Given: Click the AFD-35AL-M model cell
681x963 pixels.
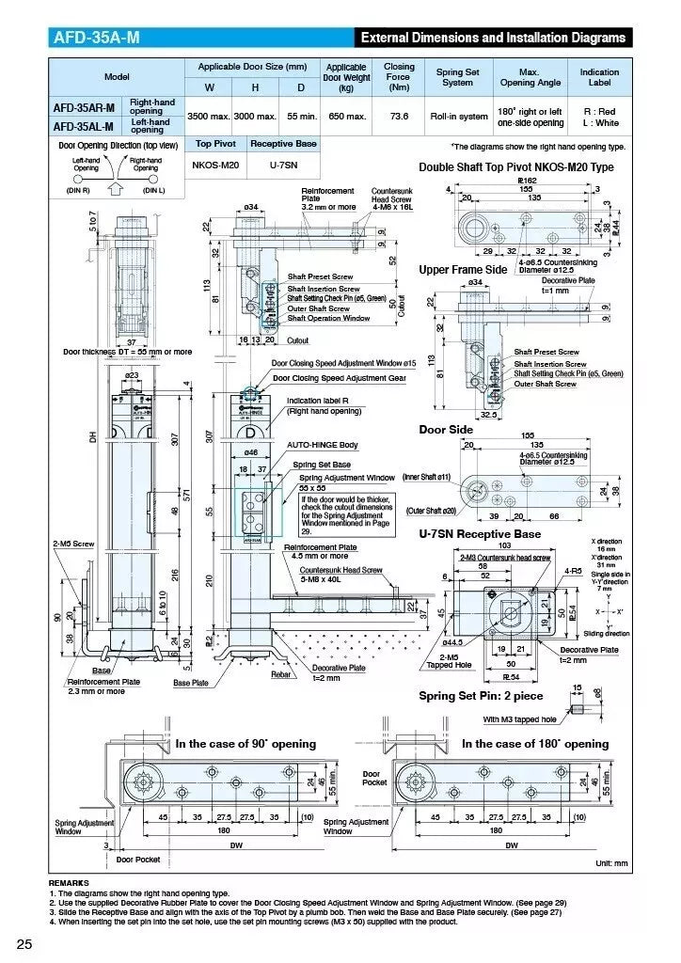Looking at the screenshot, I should tap(84, 126).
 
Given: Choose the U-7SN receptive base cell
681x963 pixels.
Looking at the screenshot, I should tap(282, 165).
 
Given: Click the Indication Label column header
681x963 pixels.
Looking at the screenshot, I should tap(599, 77).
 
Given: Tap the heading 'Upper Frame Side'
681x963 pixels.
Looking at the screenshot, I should tap(462, 270).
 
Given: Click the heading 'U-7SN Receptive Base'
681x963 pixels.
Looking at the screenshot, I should tap(480, 533).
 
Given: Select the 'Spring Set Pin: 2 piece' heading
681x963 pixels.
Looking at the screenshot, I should tap(481, 696).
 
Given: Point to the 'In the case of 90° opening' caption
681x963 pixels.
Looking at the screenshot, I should tap(245, 744).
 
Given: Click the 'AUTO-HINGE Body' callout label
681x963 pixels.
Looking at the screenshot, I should tap(322, 445).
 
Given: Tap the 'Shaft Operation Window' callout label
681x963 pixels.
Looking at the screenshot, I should tap(328, 318).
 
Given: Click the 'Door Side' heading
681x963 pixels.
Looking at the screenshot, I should tap(446, 430).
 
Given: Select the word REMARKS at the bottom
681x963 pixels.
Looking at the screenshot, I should tap(69, 883).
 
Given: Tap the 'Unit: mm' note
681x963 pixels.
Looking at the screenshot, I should tap(611, 863).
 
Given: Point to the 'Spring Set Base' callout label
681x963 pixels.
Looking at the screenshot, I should tap(322, 465).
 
